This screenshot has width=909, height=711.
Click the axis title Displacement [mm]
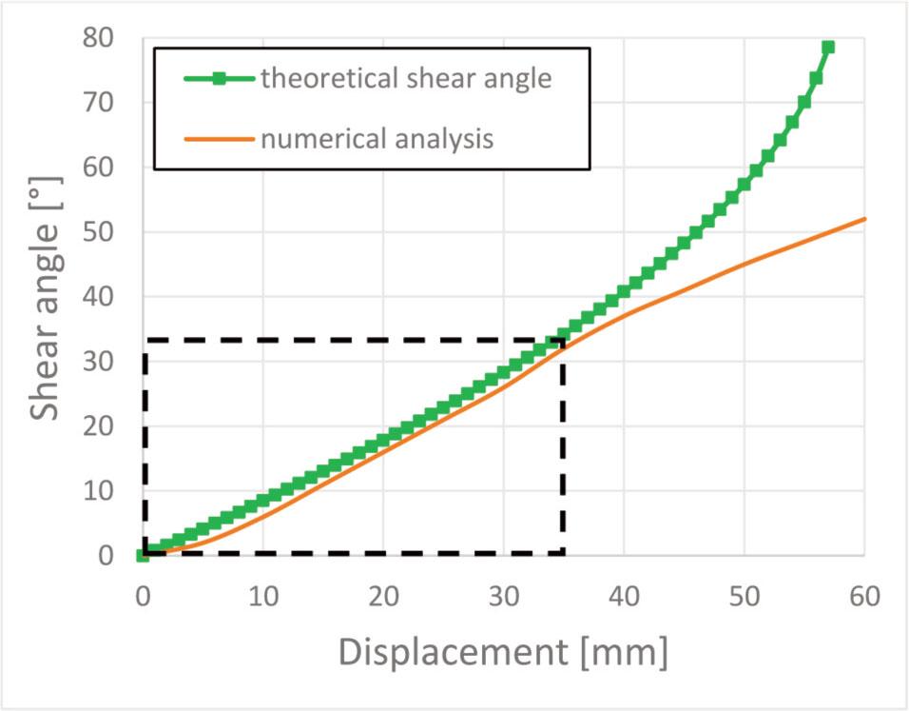(x=503, y=654)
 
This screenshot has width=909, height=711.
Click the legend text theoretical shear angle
(x=406, y=79)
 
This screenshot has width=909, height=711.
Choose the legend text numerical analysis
(x=377, y=139)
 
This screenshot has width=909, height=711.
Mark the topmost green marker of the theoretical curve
(x=827, y=47)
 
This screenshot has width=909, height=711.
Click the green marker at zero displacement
(x=144, y=555)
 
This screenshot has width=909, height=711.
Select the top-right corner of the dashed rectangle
(x=563, y=340)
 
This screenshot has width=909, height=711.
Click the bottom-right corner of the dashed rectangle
(x=563, y=554)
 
